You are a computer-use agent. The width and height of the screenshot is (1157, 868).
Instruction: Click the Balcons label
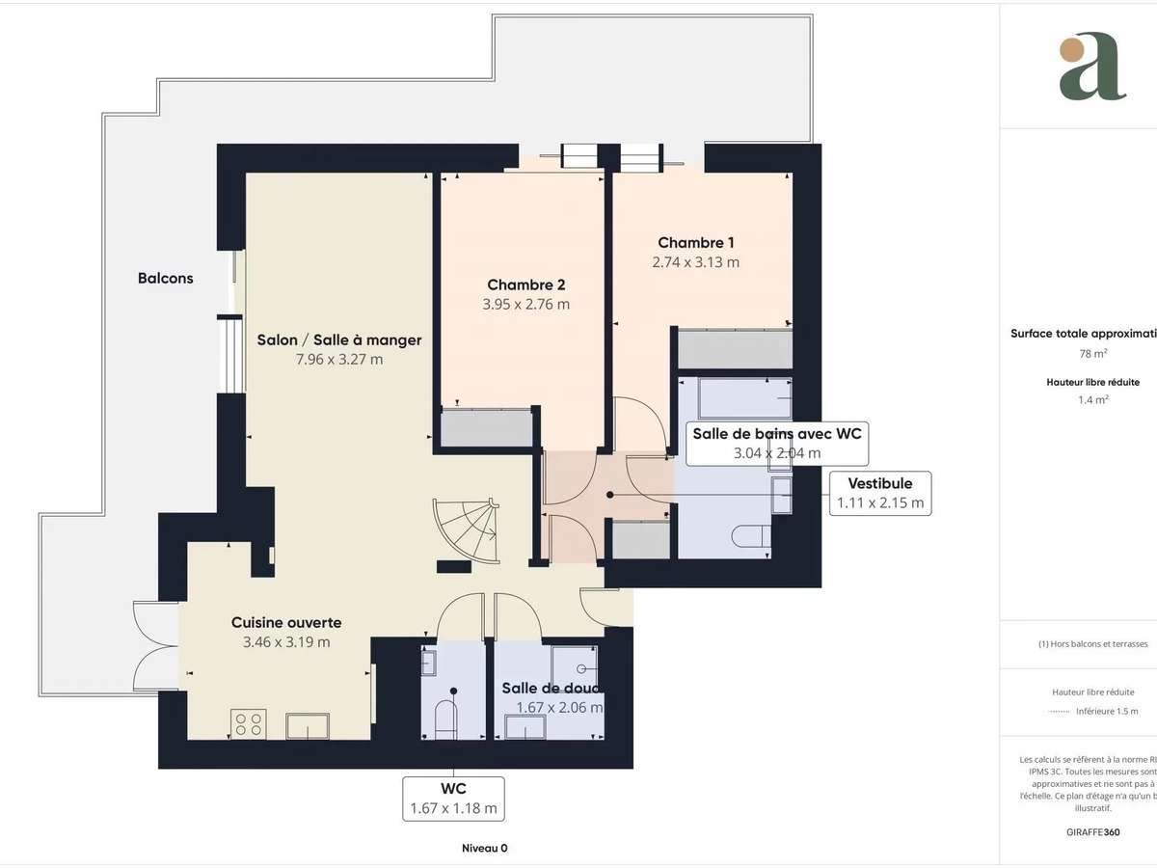tap(165, 278)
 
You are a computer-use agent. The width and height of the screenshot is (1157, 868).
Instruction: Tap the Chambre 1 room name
tap(696, 242)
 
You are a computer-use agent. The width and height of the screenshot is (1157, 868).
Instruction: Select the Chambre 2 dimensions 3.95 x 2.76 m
tap(525, 304)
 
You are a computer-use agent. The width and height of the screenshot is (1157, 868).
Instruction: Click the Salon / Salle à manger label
tap(339, 339)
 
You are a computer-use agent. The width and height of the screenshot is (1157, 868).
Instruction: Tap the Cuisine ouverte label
tap(286, 622)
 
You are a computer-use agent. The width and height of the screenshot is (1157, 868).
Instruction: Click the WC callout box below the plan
tap(453, 799)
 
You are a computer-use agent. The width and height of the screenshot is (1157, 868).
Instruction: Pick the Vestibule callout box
tap(880, 493)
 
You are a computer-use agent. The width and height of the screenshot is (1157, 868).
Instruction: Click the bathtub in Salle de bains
tap(733, 398)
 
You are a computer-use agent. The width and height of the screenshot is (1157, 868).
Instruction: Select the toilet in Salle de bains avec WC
tap(750, 536)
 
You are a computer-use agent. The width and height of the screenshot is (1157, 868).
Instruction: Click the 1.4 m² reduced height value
tap(1092, 398)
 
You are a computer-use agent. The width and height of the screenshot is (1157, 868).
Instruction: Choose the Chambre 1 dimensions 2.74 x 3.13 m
tap(696, 262)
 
